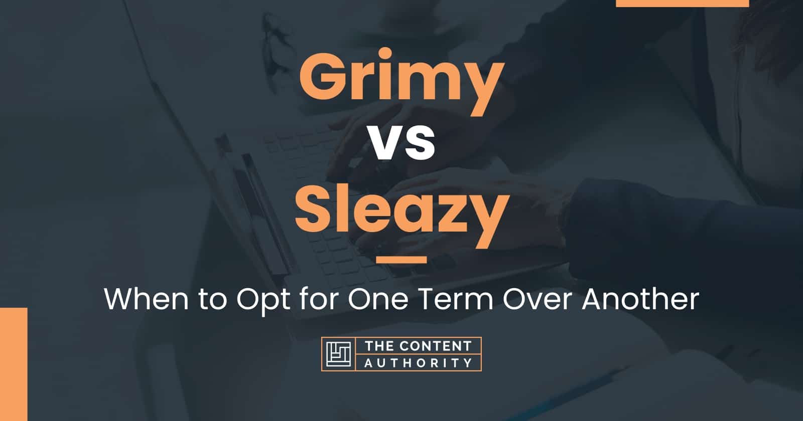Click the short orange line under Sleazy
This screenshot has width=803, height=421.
[401, 260]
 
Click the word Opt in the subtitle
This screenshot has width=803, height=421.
[263, 301]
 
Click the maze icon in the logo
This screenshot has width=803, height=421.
[338, 354]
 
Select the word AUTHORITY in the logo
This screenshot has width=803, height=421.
[418, 363]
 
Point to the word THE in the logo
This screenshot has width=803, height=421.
[379, 346]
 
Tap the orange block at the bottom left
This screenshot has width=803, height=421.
[14, 364]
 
